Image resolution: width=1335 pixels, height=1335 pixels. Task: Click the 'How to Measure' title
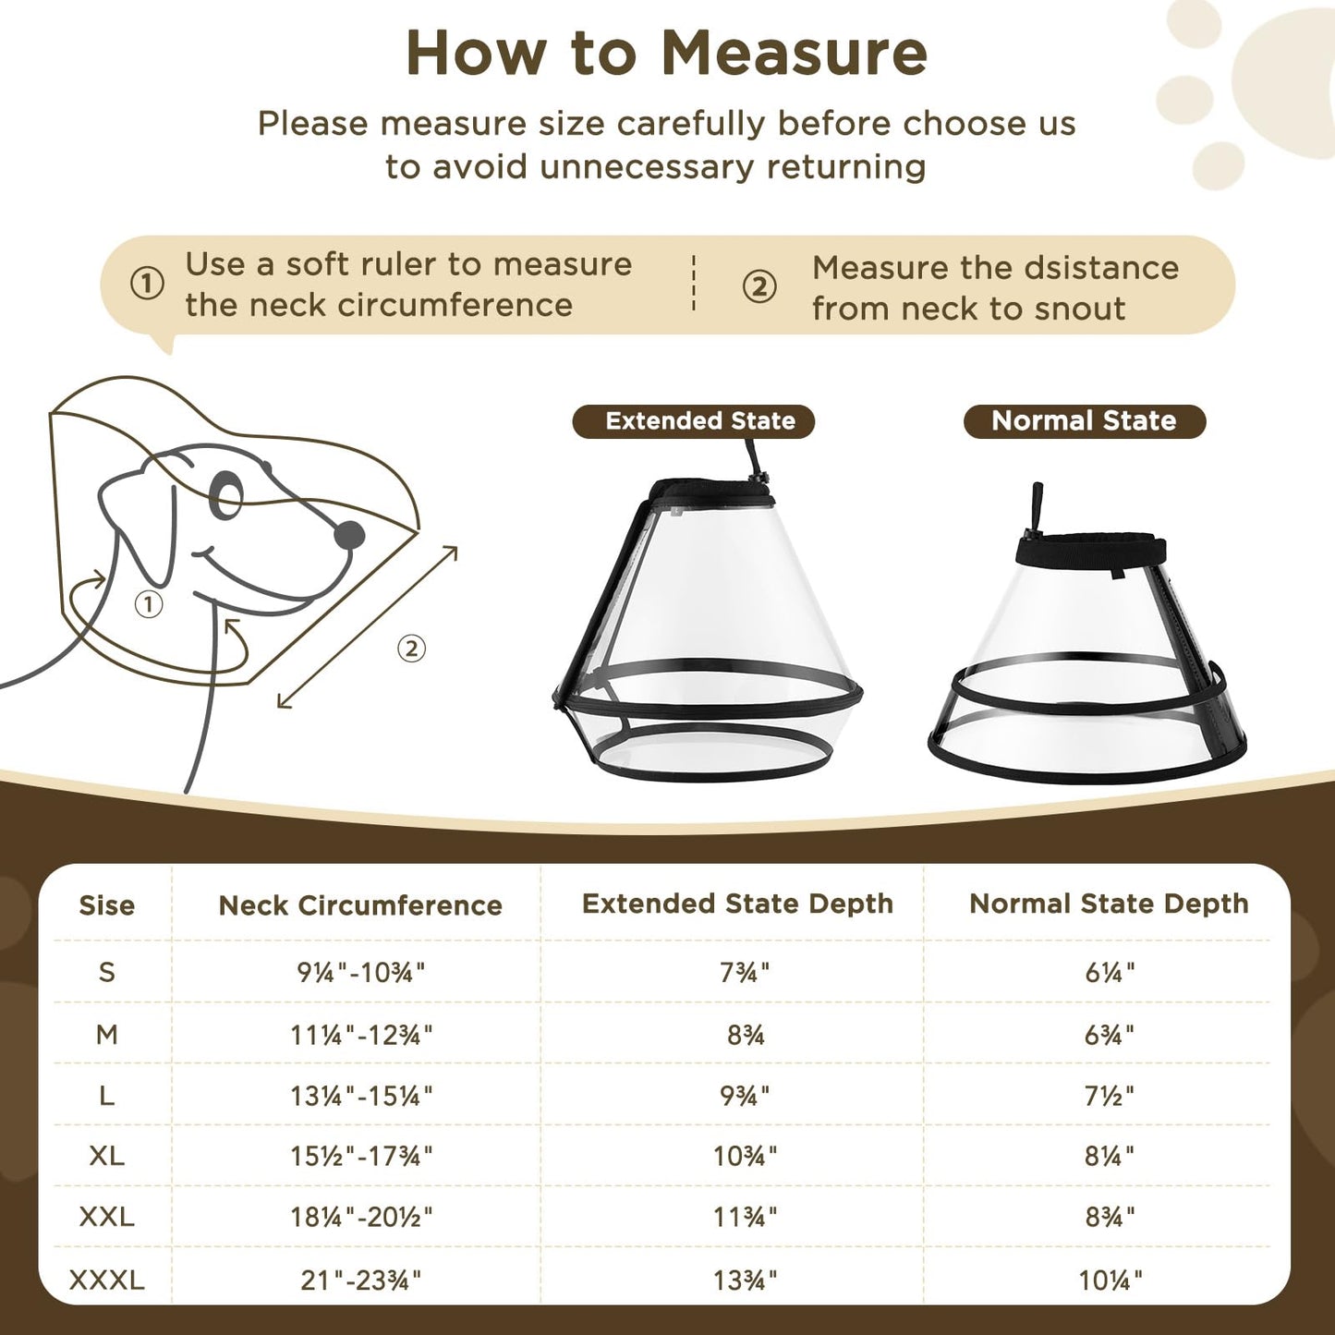coord(666,54)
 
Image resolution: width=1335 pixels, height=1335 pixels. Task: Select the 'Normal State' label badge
coord(1084,421)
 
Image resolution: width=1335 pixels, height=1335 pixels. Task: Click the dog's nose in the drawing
coord(349,534)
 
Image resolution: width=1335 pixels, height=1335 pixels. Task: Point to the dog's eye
coord(226,495)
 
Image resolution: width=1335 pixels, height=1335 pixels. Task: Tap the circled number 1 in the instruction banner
coord(147,284)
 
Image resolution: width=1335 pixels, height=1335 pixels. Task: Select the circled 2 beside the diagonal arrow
coord(411,649)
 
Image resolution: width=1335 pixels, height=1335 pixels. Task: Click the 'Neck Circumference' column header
coord(360,905)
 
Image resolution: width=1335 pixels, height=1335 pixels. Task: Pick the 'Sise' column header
coord(106,905)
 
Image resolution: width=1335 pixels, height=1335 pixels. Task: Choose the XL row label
coord(106,1156)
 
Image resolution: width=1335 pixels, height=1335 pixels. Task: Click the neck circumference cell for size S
coord(360,972)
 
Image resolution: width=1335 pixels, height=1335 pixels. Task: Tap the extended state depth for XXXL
coord(745,1280)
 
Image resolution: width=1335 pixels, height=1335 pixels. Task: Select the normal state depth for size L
coord(1109,1096)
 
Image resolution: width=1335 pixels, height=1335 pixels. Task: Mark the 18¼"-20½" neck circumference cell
coord(360,1217)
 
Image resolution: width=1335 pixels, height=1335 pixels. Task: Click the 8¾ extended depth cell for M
coord(745,1035)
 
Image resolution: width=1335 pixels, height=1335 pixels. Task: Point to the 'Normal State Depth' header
coord(1109,904)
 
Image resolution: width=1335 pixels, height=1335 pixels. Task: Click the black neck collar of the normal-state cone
coord(1090,552)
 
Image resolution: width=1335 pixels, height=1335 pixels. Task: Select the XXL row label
coord(106,1217)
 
